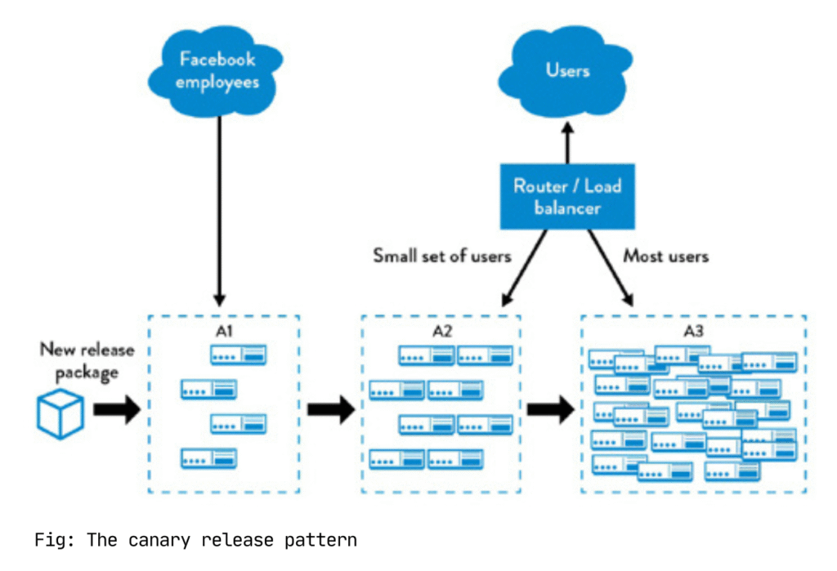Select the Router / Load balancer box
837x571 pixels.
pyautogui.click(x=567, y=196)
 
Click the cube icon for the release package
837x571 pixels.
pyautogui.click(x=60, y=411)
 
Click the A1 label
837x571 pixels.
pyautogui.click(x=223, y=332)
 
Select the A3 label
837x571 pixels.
pyautogui.click(x=694, y=332)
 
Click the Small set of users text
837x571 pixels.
pyautogui.click(x=442, y=256)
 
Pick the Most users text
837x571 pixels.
pyautogui.click(x=666, y=256)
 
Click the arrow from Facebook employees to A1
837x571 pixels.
pyautogui.click(x=217, y=212)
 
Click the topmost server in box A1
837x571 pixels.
pyautogui.click(x=238, y=355)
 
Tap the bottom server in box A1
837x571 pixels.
pyautogui.click(x=208, y=458)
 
